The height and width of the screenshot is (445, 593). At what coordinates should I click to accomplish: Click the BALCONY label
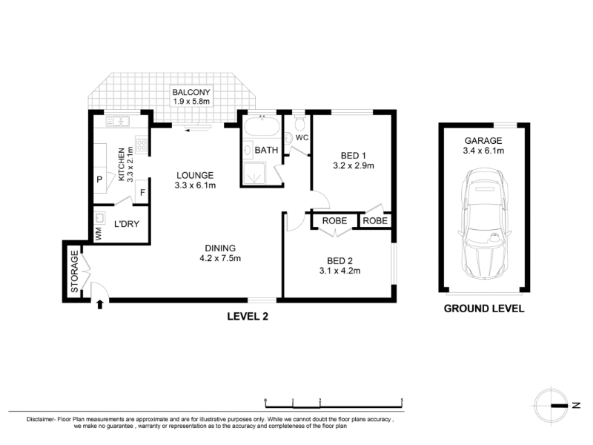191,92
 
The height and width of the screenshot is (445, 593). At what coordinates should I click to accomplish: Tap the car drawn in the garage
485,224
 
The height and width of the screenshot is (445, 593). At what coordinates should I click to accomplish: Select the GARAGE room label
483,141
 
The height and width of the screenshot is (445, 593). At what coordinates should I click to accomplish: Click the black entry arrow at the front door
100,305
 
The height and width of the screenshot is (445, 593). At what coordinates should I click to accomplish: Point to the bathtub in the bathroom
262,127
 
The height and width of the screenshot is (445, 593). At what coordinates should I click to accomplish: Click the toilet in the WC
300,122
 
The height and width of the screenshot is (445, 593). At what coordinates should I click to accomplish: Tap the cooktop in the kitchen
142,145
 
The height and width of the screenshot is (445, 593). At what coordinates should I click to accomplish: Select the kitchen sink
118,122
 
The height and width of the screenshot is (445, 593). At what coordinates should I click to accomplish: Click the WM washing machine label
99,234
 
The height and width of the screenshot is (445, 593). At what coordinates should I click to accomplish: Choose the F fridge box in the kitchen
142,193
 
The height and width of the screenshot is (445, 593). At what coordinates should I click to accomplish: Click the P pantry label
99,179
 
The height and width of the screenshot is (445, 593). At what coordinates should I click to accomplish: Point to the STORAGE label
75,271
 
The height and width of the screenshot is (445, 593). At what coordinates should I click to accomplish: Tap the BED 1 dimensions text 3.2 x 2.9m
354,165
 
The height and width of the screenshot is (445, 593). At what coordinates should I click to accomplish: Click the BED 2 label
339,261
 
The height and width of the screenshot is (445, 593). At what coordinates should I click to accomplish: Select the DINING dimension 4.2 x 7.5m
220,258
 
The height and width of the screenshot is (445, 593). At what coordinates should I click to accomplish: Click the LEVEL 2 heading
248,317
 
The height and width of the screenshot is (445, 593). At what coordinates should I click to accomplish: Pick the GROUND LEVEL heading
484,309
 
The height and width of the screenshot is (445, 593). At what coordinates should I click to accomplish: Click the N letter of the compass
576,405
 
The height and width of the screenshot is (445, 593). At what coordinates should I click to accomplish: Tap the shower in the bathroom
254,174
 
